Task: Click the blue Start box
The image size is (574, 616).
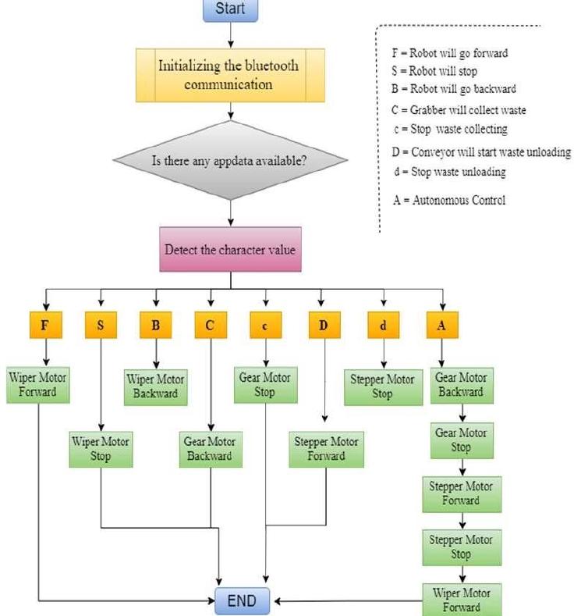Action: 230,10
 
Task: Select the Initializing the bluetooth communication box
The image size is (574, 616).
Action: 229,76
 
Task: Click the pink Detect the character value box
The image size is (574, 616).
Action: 229,251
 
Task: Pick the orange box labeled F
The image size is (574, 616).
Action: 46,326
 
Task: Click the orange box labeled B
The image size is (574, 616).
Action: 156,326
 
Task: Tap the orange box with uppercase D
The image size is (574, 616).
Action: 323,326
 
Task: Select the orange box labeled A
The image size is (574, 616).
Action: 442,326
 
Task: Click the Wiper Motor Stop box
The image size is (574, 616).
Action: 101,449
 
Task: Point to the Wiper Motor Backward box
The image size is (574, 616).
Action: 156,386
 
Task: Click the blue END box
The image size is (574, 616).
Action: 242,602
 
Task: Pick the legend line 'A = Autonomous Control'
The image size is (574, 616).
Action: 449,200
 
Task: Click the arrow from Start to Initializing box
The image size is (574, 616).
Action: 230,35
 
